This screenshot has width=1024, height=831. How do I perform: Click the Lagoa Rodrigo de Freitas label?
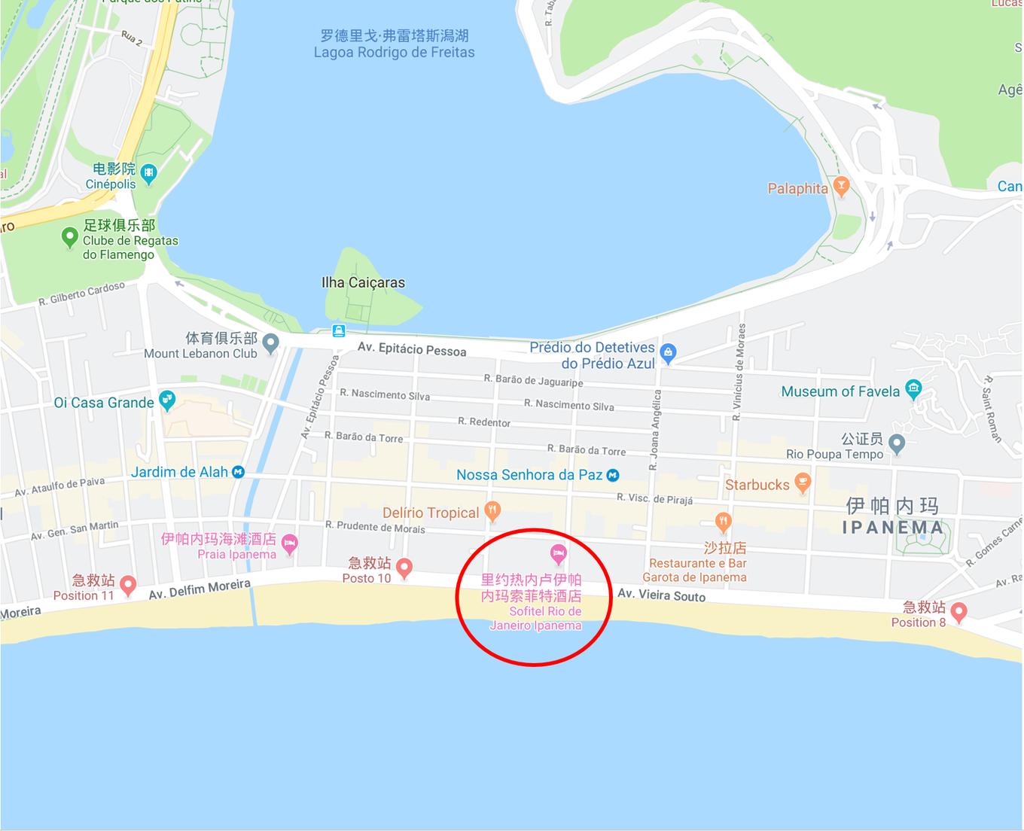pos(394,44)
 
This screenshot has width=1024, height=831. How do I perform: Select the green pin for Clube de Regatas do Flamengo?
pos(69,238)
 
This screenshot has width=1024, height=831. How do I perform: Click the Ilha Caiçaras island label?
pos(363,282)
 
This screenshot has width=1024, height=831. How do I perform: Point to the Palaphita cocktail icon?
pos(841,186)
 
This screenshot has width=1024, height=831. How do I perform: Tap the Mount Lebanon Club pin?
pos(271,343)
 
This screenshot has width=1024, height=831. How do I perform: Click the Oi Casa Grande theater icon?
pos(167,400)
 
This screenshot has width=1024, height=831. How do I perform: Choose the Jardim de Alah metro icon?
pos(239,472)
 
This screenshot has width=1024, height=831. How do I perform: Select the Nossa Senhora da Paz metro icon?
pos(613,475)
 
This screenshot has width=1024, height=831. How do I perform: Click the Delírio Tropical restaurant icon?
pos(492,511)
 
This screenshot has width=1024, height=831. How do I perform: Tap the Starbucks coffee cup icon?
pos(803,482)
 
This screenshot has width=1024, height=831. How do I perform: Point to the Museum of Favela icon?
pos(913,389)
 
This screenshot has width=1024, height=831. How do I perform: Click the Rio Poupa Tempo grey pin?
pos(896,443)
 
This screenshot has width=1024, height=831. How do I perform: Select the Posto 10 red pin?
pos(404,568)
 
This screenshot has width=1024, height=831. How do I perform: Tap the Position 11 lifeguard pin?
pos(128,585)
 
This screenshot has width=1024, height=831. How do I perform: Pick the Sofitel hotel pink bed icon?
pos(558,555)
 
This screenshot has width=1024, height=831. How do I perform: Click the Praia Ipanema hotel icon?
pos(289,543)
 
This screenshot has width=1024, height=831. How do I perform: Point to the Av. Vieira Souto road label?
pos(661,595)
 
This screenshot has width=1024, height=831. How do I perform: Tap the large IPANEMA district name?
pos(892,527)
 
